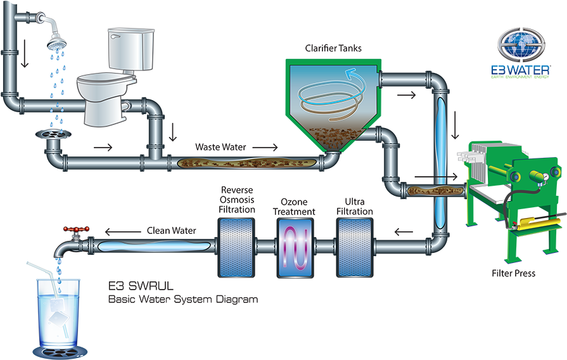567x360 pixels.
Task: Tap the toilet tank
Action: tap(131, 49)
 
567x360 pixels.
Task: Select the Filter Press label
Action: tap(513, 274)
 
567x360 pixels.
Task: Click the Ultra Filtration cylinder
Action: tap(354, 247)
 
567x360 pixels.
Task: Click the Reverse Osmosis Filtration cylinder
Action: tap(236, 247)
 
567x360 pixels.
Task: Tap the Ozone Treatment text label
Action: tap(294, 207)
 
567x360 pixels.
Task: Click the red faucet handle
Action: tap(79, 228)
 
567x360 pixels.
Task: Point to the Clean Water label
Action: tap(172, 231)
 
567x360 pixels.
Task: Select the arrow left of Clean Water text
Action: tap(118, 231)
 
